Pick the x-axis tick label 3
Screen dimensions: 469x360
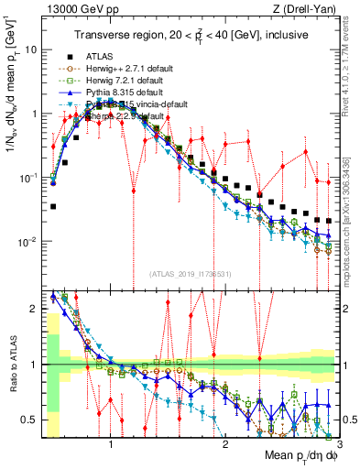tap(338, 444)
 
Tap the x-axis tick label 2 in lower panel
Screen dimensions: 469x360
tap(224, 444)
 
